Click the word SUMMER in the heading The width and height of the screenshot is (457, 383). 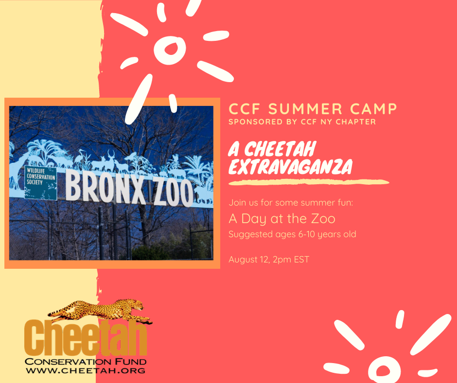[x=305, y=109]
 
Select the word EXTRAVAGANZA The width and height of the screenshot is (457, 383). [x=291, y=167]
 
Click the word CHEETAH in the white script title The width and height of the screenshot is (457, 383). [x=280, y=149]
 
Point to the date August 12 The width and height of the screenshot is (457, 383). [x=249, y=260]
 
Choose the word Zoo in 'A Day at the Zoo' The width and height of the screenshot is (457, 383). [x=323, y=219]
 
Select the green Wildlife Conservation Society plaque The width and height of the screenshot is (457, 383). [x=40, y=183]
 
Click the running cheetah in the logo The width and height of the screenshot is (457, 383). [x=100, y=311]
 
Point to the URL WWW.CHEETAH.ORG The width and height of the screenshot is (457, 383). [x=86, y=371]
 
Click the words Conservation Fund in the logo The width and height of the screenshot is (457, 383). [x=86, y=362]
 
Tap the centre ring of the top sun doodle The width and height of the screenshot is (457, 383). [x=170, y=51]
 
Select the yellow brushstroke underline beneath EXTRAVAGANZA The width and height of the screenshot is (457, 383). [x=309, y=182]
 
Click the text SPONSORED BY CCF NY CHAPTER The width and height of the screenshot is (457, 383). [x=302, y=122]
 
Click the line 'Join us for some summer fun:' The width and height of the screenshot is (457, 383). [x=291, y=203]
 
